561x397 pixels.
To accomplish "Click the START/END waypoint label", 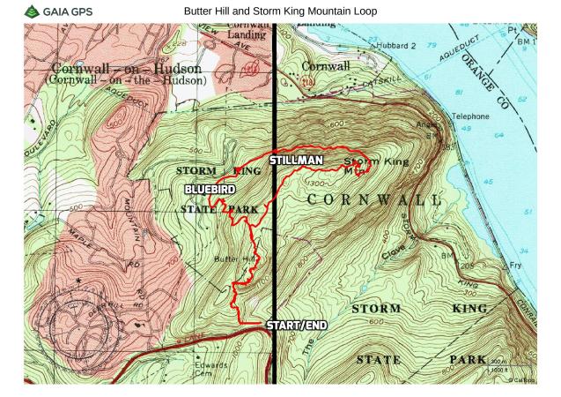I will [297, 325].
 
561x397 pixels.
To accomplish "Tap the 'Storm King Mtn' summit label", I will [367, 165].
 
